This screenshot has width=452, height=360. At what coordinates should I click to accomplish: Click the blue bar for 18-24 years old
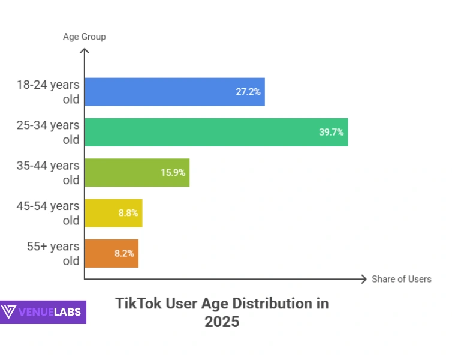(x=174, y=92)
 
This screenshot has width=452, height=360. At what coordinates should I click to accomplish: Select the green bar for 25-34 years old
(x=216, y=132)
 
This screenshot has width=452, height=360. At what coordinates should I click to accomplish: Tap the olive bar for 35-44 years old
(x=137, y=172)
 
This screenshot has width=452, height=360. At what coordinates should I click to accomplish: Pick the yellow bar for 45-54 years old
(x=113, y=213)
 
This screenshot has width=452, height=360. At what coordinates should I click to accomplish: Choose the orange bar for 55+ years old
(x=112, y=253)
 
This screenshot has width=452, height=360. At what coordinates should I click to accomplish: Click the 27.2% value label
(x=248, y=92)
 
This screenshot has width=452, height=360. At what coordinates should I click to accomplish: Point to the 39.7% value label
(x=332, y=132)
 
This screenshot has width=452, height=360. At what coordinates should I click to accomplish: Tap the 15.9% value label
(x=173, y=173)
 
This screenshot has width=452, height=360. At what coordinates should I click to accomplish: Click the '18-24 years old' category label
(x=49, y=92)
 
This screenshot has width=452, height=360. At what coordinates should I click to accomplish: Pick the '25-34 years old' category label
(x=49, y=132)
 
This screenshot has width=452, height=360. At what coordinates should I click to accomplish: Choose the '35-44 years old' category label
(x=49, y=172)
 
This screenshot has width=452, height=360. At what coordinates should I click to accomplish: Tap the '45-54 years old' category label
(x=49, y=213)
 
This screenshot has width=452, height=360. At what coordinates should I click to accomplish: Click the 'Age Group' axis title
(x=85, y=37)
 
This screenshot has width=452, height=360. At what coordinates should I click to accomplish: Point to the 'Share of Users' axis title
(x=401, y=279)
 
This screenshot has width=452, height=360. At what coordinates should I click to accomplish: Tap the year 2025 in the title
(x=222, y=322)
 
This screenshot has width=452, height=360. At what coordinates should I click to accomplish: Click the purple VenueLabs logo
(x=43, y=312)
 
